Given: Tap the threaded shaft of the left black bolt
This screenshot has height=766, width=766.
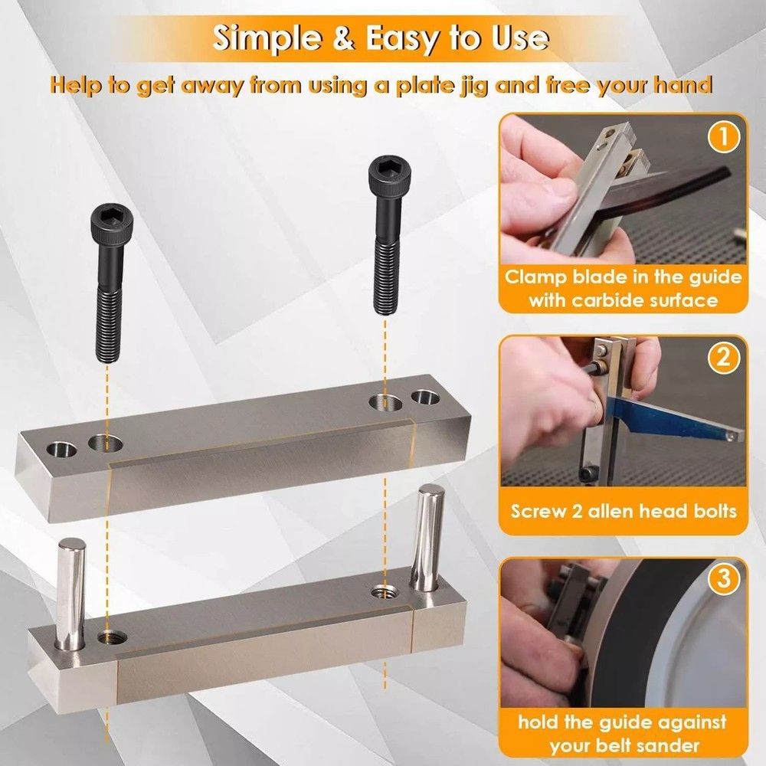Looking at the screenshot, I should (x=108, y=321).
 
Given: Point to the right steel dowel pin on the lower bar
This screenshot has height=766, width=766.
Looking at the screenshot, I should (x=425, y=540).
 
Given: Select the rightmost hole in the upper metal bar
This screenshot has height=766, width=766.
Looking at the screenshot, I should (x=424, y=398).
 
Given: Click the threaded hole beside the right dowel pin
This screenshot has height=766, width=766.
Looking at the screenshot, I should (x=383, y=591).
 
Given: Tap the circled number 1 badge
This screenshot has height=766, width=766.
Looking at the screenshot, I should (x=723, y=139).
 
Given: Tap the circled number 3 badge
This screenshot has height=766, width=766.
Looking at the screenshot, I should (x=723, y=579).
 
